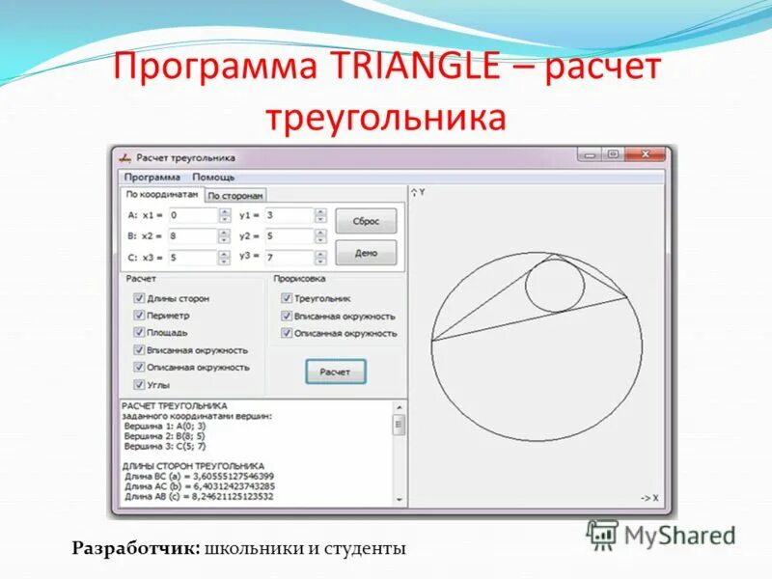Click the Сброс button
pyautogui.click(x=365, y=221)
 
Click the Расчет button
pyautogui.click(x=335, y=371)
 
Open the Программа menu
pyautogui.click(x=152, y=178)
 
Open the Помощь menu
pyautogui.click(x=213, y=178)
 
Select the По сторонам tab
pyautogui.click(x=234, y=195)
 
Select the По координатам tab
pyautogui.click(x=163, y=194)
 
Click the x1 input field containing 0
pyautogui.click(x=192, y=216)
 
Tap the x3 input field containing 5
pyautogui.click(x=192, y=258)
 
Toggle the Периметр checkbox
pyautogui.click(x=139, y=316)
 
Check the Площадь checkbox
pyautogui.click(x=139, y=333)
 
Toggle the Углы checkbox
pyautogui.click(x=139, y=384)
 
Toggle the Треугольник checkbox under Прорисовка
pyautogui.click(x=287, y=299)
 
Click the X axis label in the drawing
pyautogui.click(x=648, y=498)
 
